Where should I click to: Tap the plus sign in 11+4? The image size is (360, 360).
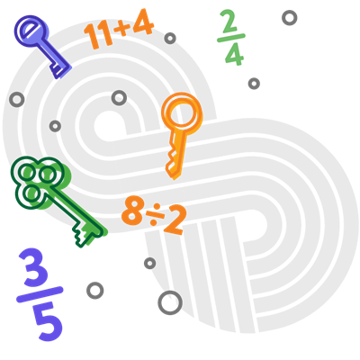coord(122,27)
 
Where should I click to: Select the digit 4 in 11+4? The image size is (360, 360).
coord(143,22)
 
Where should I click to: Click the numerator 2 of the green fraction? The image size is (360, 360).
coord(229,21)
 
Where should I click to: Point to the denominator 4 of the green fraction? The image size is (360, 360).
coord(234,54)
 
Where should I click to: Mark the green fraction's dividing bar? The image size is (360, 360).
coord(231,38)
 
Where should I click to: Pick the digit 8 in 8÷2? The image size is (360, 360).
coord(133,210)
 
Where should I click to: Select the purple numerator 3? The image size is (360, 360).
coord(34,267)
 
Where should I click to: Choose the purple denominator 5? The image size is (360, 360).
coord(48,321)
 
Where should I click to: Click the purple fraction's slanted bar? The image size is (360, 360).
coord(40,294)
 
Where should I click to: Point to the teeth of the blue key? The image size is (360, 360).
coord(60,69)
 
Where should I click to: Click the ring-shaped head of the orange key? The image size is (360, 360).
coord(182,112)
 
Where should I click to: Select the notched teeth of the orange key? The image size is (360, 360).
coord(173,164)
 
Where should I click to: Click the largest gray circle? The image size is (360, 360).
coord(170,302)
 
